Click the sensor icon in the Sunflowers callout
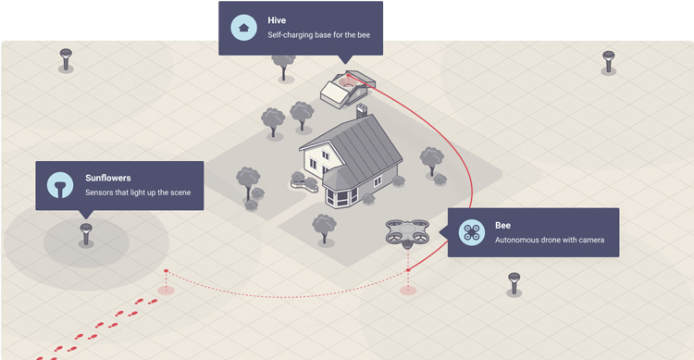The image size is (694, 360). click(x=60, y=185)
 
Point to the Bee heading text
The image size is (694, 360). click(x=502, y=225)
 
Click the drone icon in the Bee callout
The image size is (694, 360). click(x=473, y=231)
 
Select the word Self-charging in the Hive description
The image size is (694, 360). click(x=289, y=35)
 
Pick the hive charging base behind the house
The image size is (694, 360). click(x=344, y=87)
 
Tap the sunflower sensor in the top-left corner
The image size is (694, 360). click(x=66, y=58)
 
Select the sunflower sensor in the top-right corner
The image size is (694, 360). click(x=607, y=61)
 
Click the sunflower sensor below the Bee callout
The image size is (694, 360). click(x=514, y=282)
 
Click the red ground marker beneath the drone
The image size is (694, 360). click(x=407, y=290)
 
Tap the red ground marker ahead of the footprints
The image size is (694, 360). click(x=166, y=290)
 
